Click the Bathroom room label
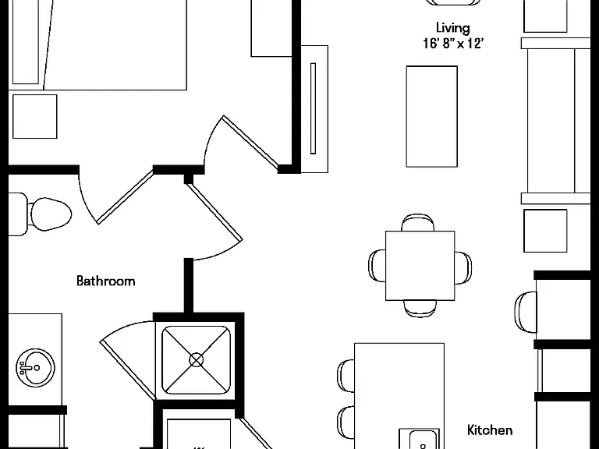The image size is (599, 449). (106, 281)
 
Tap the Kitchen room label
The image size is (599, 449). (490, 430)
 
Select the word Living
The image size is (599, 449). (452, 28)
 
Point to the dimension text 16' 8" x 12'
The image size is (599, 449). (453, 43)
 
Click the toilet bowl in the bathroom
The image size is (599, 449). (51, 214)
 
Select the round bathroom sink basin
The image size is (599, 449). (35, 368)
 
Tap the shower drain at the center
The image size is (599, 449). (197, 360)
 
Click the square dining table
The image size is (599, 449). (420, 265)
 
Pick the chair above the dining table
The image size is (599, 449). (417, 223)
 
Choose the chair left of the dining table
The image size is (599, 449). (377, 266)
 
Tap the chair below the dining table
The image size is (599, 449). (420, 309)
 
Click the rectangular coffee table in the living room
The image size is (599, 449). (431, 116)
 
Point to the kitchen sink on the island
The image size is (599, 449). (419, 439)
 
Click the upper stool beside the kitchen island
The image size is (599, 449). (346, 376)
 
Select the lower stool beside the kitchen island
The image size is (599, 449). (346, 422)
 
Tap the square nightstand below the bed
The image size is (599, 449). (35, 116)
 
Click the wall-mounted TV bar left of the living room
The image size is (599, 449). (314, 108)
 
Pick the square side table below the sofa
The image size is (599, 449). (545, 231)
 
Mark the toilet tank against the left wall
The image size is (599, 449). (18, 214)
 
